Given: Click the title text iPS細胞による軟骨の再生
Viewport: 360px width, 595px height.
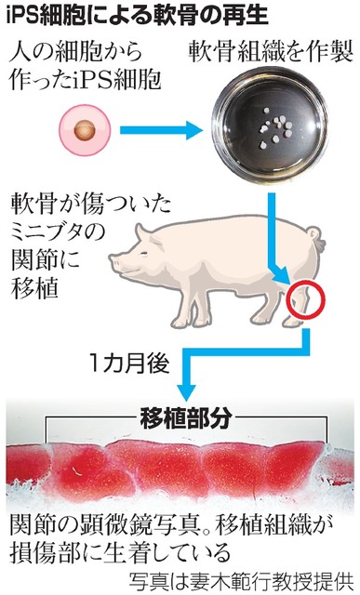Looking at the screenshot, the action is [121, 15].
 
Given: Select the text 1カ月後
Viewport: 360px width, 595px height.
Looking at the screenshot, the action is [127, 358].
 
